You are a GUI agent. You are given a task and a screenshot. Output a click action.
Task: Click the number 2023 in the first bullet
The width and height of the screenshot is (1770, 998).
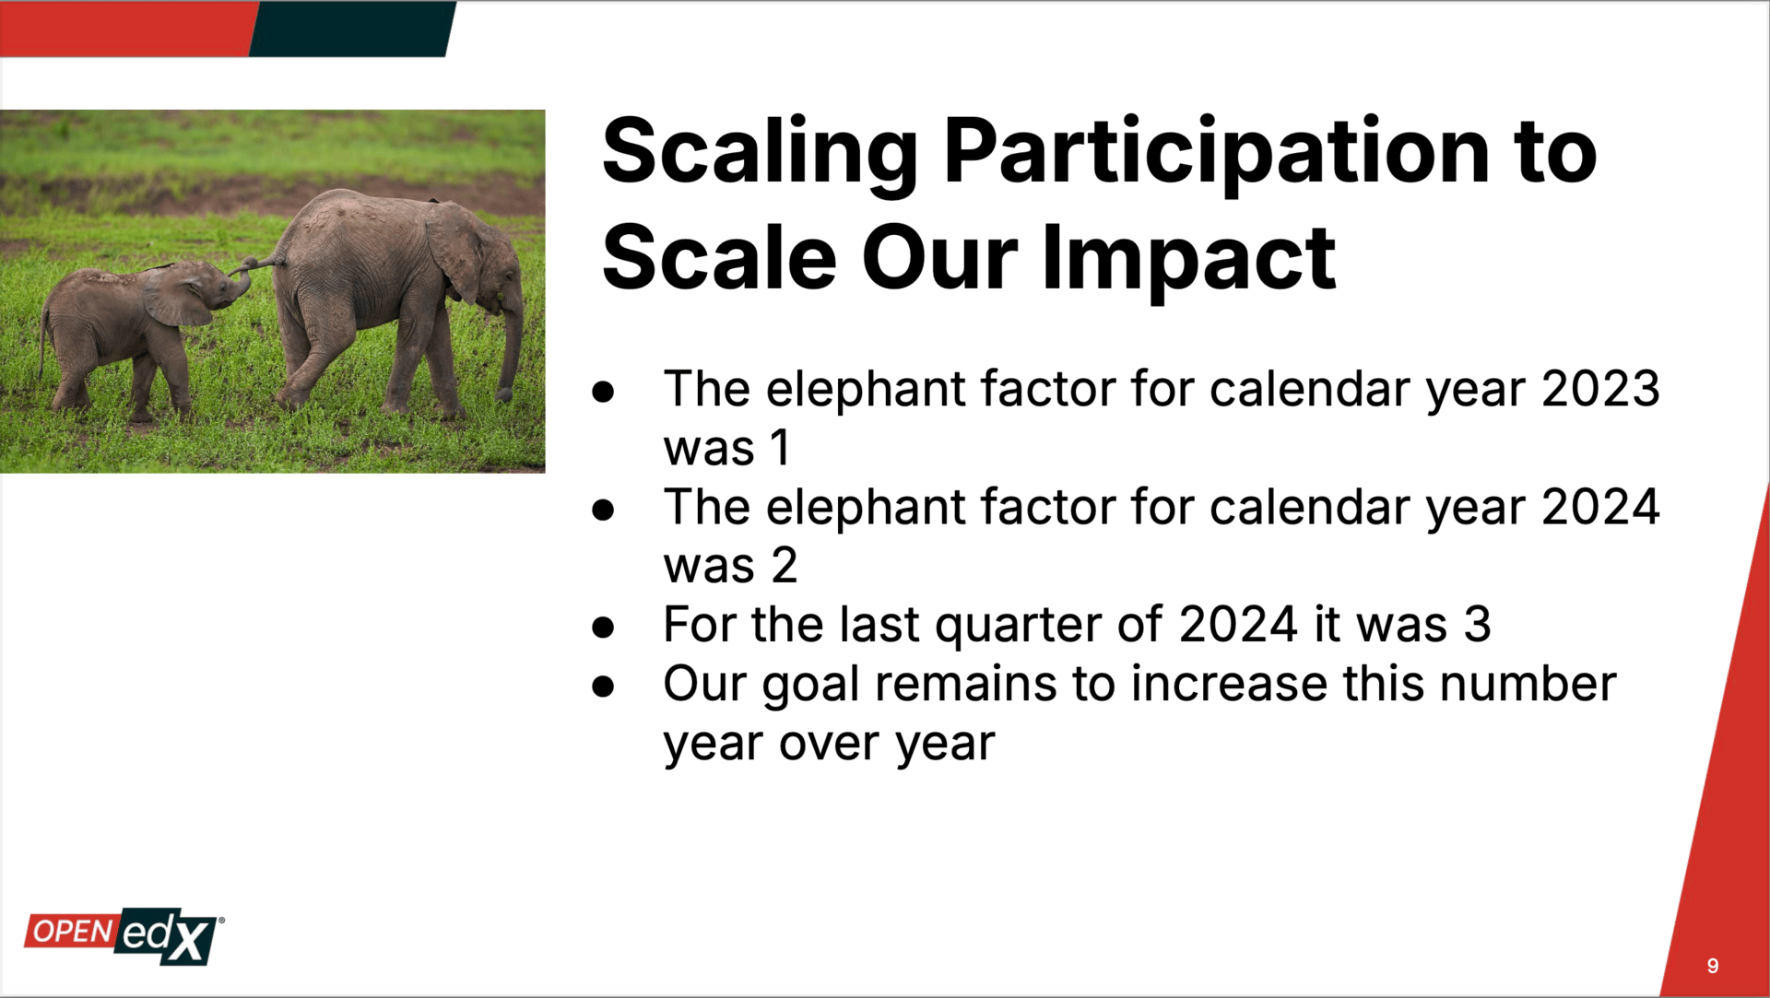pos(1600,389)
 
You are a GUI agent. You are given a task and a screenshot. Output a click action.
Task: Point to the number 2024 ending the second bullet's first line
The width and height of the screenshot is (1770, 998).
pos(1600,507)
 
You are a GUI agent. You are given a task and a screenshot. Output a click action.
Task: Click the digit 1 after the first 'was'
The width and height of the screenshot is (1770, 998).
pos(780,448)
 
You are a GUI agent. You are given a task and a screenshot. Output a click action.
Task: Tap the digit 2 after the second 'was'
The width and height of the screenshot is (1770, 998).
pos(784,565)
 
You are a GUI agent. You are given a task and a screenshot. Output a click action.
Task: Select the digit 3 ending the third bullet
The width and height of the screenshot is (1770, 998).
pos(1477,624)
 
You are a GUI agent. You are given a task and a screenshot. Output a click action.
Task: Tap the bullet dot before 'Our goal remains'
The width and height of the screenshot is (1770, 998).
pos(604,686)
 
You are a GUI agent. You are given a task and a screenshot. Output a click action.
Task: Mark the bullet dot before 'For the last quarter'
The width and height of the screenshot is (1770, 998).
pos(604,628)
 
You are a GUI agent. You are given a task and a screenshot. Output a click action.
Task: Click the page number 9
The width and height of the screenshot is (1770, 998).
pos(1713,966)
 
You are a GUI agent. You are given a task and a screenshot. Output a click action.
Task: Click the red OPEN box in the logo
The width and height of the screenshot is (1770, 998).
pos(72,931)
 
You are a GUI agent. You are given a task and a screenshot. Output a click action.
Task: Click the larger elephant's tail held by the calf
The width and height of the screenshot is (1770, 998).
pos(259,265)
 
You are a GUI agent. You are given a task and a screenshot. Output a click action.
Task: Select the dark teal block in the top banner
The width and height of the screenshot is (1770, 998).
pos(352,29)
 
